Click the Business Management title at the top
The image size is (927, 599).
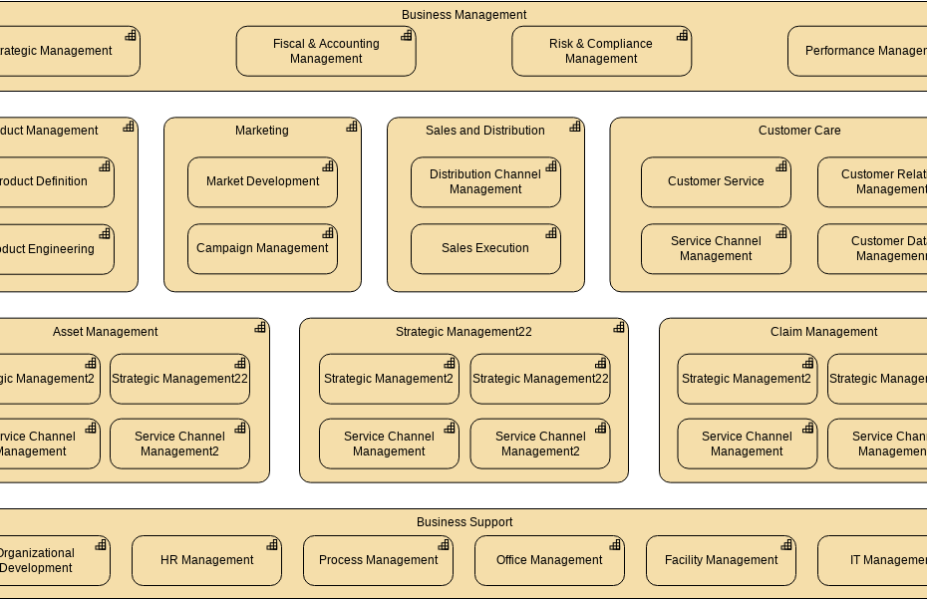tap(463, 15)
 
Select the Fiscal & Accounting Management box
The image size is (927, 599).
tap(326, 51)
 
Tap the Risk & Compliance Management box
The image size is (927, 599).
tap(601, 51)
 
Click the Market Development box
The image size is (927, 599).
tap(262, 181)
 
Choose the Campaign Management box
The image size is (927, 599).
tap(262, 248)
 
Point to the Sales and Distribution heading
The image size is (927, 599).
tap(484, 131)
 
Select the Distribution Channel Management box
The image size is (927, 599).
tap(485, 181)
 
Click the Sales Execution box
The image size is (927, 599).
tap(485, 248)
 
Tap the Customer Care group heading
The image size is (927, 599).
tap(798, 131)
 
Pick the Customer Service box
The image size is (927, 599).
tap(716, 181)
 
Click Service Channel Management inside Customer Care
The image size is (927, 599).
tap(716, 248)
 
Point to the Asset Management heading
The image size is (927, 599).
tap(105, 332)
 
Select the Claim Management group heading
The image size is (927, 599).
tap(823, 332)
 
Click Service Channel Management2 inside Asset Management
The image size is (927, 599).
tap(179, 444)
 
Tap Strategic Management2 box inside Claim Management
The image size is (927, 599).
tap(747, 379)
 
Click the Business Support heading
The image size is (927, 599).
tap(464, 522)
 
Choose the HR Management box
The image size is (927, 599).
tap(206, 560)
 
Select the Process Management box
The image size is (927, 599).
tap(378, 560)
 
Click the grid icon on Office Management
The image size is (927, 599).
tap(615, 545)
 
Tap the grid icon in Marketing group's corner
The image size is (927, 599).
tap(352, 127)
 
